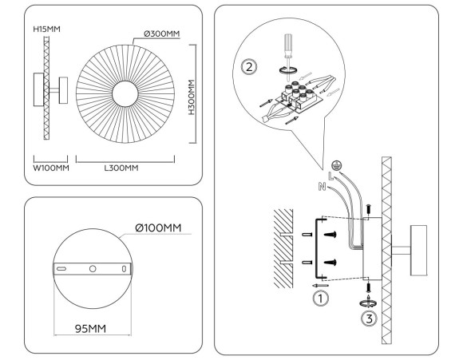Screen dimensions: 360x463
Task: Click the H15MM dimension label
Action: pyautogui.click(x=47, y=29)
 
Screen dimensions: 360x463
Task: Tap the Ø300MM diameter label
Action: pyautogui.click(x=160, y=34)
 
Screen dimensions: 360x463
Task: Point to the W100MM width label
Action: pyautogui.click(x=49, y=168)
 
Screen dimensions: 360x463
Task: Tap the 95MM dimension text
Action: pyautogui.click(x=89, y=328)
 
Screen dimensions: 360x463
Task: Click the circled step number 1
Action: pyautogui.click(x=319, y=299)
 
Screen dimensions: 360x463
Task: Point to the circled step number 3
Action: pyautogui.click(x=369, y=320)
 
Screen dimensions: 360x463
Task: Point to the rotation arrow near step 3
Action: pyautogui.click(x=368, y=303)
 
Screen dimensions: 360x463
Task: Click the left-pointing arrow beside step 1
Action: pyautogui.click(x=319, y=284)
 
